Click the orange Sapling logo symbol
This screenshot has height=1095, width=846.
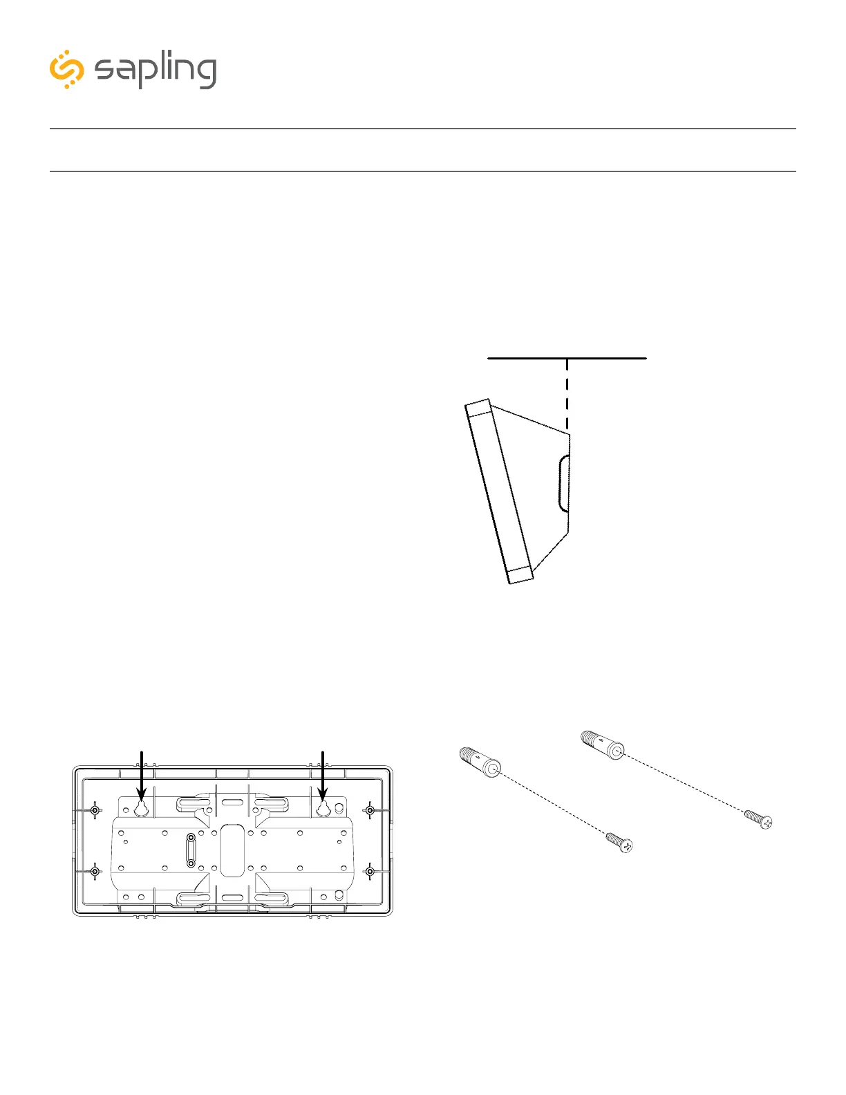pyautogui.click(x=66, y=69)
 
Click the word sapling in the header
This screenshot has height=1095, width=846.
pyautogui.click(x=156, y=71)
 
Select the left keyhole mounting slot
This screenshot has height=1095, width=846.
pyautogui.click(x=141, y=808)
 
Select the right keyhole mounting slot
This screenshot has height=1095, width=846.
pyautogui.click(x=323, y=808)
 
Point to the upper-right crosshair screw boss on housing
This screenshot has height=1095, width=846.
pyautogui.click(x=370, y=809)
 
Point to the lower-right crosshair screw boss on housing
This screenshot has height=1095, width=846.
pyautogui.click(x=370, y=872)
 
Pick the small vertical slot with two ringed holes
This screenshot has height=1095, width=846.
pyautogui.click(x=191, y=850)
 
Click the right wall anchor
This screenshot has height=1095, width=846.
pyautogui.click(x=603, y=745)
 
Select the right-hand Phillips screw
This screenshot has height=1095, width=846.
pyautogui.click(x=758, y=819)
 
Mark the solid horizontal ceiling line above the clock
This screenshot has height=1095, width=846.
pyautogui.click(x=567, y=358)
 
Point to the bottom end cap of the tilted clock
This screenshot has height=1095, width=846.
pyautogui.click(x=520, y=575)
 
